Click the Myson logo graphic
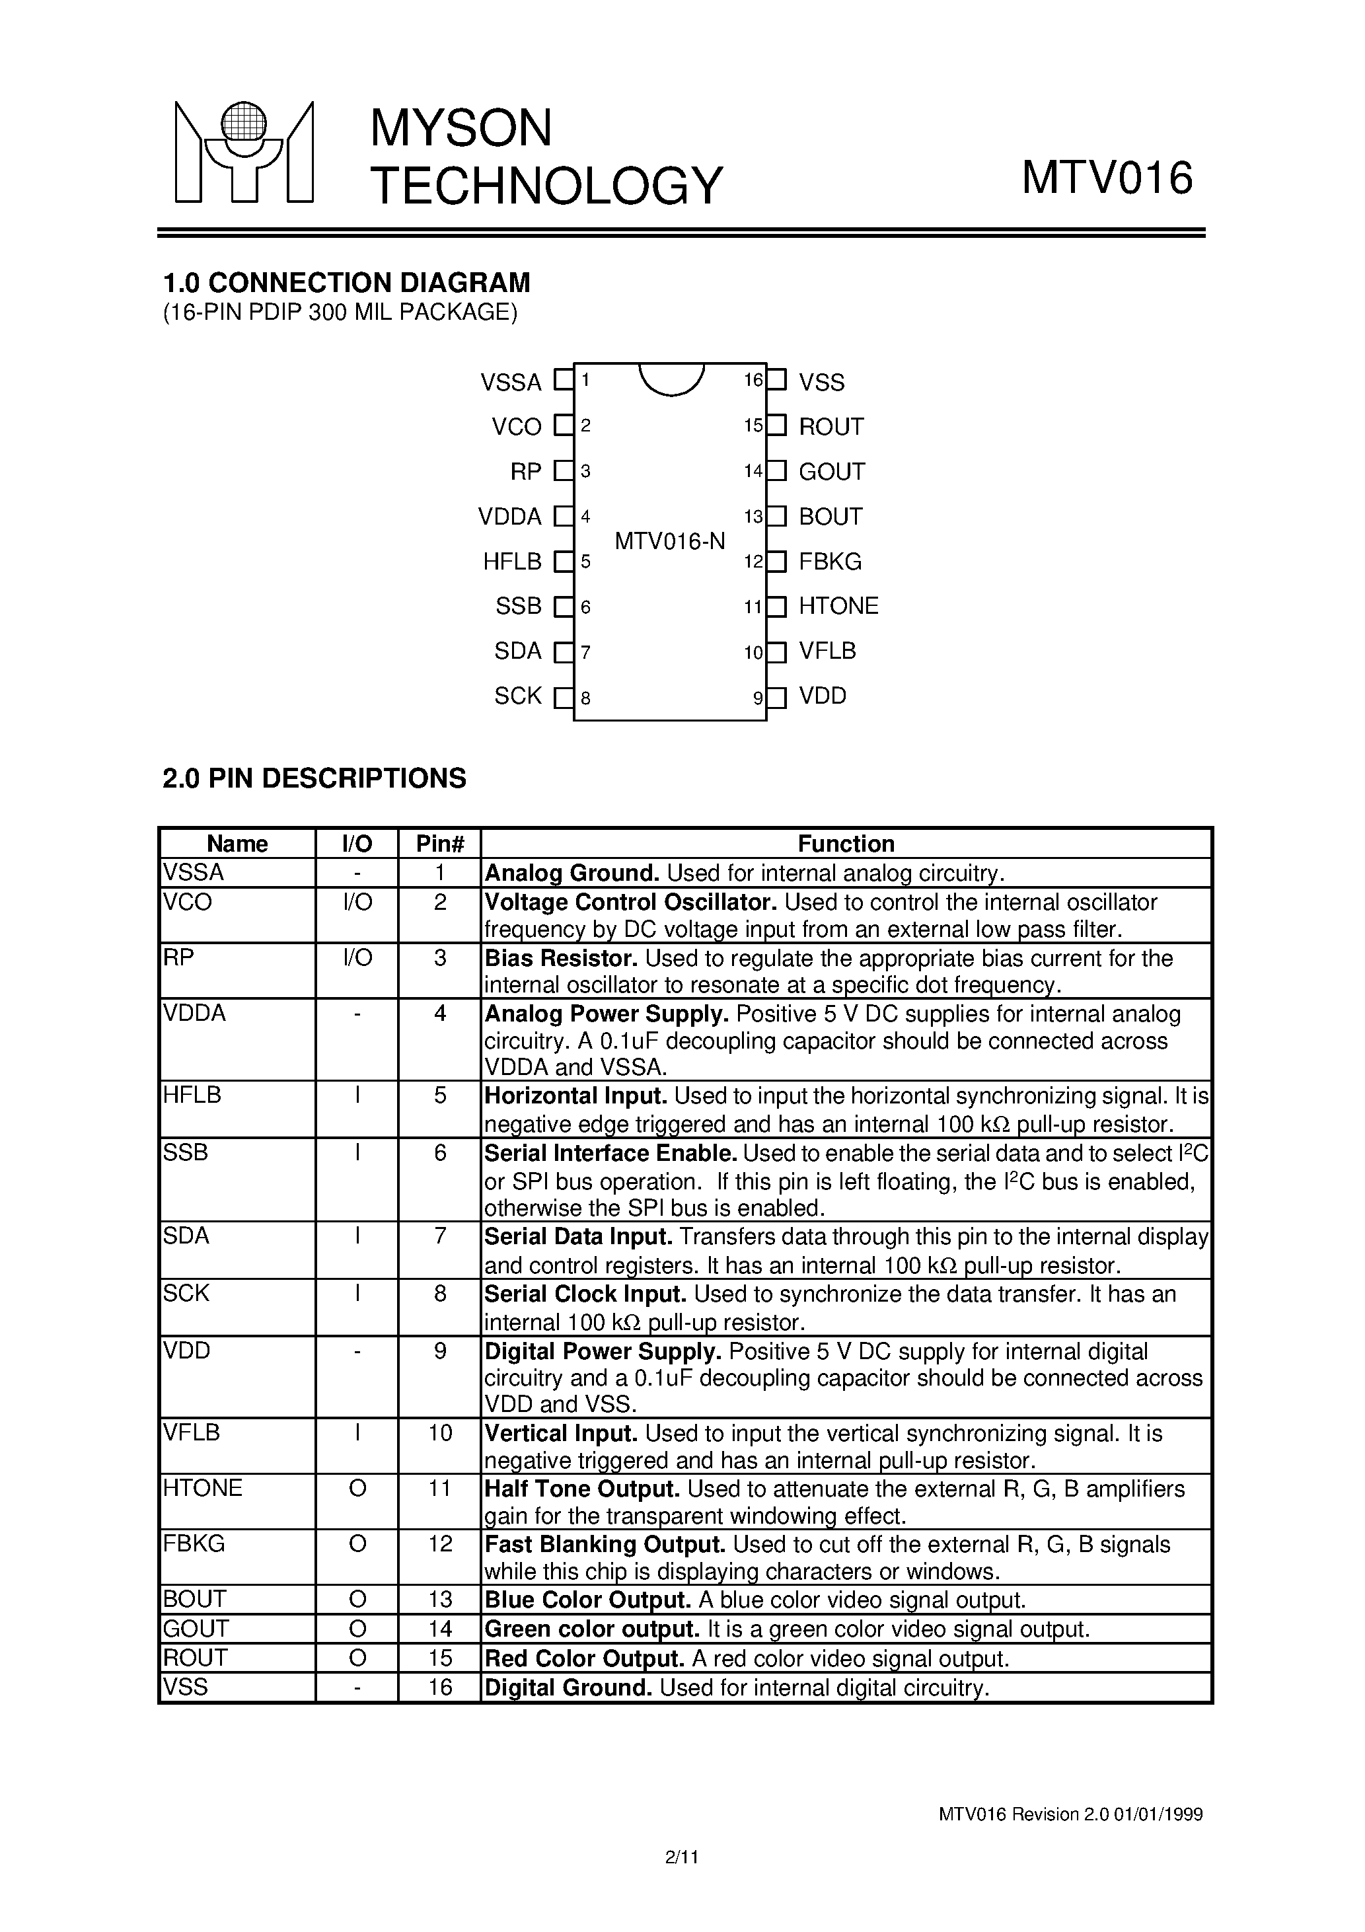pyautogui.click(x=244, y=153)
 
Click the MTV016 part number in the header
pyautogui.click(x=1107, y=178)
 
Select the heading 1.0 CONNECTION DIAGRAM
pyautogui.click(x=346, y=282)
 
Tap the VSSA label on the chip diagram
pyautogui.click(x=511, y=383)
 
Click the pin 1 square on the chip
pyautogui.click(x=563, y=381)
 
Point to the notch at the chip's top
pyautogui.click(x=671, y=379)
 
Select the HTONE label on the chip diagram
pyautogui.click(x=838, y=606)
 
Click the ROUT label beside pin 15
pyautogui.click(x=830, y=427)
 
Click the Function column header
pyautogui.click(x=846, y=844)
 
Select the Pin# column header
pyautogui.click(x=439, y=844)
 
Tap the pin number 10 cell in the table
pyautogui.click(x=439, y=1433)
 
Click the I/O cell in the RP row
pyautogui.click(x=357, y=957)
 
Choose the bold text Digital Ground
pyautogui.click(x=568, y=1687)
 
